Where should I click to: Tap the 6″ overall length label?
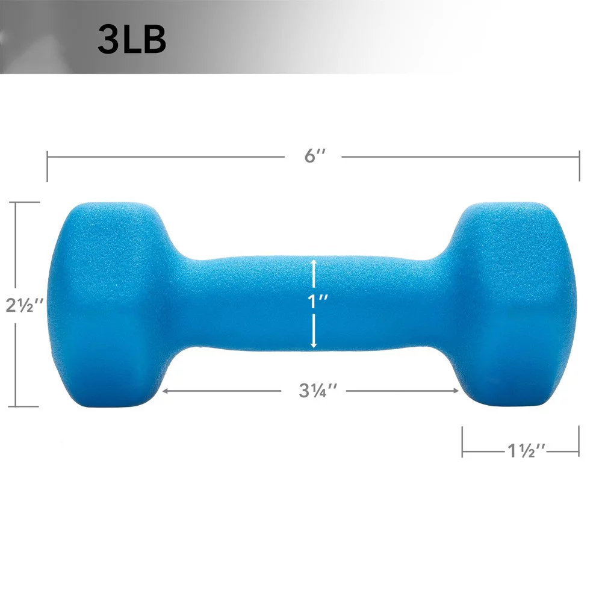click(314, 156)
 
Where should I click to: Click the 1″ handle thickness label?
click(314, 303)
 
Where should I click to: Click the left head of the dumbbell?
click(108, 301)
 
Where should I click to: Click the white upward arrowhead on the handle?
click(314, 262)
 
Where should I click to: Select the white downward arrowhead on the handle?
click(314, 344)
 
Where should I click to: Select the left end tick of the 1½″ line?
click(462, 442)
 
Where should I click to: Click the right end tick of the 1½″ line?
click(579, 442)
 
